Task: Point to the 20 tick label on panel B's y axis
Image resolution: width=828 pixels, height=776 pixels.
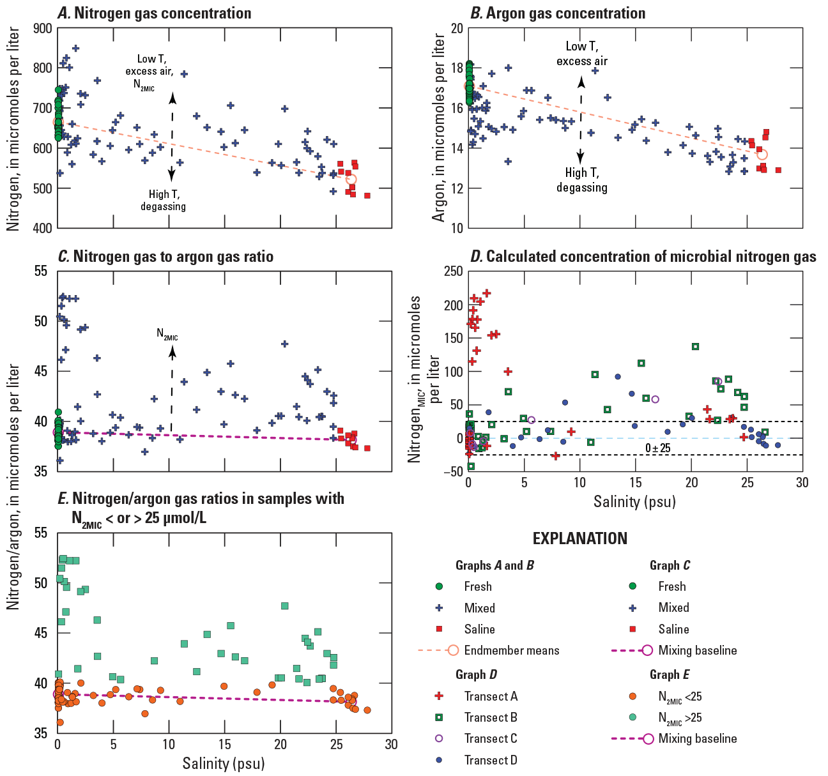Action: click(456, 29)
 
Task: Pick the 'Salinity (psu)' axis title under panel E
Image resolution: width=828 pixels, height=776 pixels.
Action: click(224, 763)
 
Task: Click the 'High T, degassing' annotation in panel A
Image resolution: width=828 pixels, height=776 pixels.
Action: click(163, 200)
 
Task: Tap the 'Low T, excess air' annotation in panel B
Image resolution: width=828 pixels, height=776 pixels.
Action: click(582, 54)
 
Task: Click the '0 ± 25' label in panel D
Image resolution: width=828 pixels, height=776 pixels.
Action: click(658, 448)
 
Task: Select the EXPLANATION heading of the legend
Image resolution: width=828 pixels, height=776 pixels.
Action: click(580, 538)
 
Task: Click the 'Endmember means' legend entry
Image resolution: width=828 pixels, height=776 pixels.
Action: click(511, 650)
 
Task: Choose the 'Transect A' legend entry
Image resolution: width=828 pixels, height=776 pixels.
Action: click(491, 696)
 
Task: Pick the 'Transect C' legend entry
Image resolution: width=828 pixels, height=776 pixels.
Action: click(491, 738)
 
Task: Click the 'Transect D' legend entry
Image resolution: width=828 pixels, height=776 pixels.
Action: click(491, 760)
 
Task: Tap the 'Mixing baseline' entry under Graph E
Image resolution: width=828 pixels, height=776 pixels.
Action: click(697, 738)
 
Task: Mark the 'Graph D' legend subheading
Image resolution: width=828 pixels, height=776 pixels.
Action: click(476, 674)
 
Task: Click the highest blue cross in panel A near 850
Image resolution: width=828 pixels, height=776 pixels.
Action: click(75, 48)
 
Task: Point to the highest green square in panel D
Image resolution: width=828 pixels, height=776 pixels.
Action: click(695, 347)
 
